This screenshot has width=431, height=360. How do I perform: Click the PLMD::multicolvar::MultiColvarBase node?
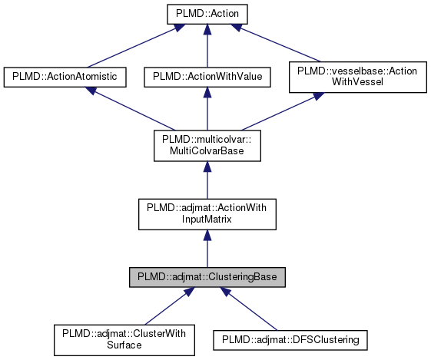click(206, 145)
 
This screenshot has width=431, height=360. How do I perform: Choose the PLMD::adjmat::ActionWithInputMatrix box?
click(206, 214)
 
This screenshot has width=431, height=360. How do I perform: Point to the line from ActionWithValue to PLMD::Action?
click(206, 50)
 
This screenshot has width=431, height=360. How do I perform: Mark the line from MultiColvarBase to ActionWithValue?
click(206, 111)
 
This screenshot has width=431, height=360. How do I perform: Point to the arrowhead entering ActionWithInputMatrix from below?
click(206, 236)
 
